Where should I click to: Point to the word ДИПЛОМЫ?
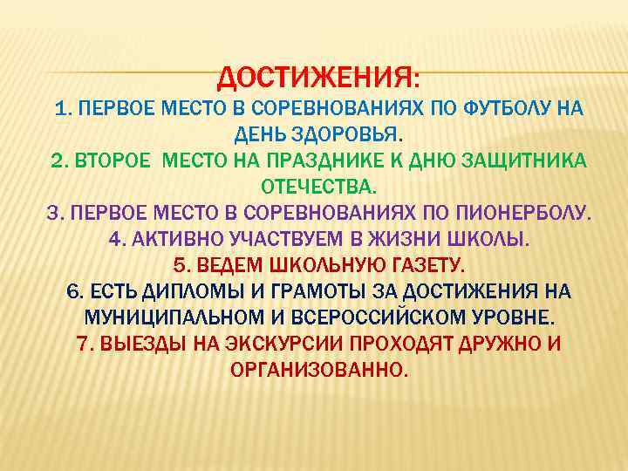point(185,291)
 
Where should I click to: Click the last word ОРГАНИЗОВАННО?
point(318,369)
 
